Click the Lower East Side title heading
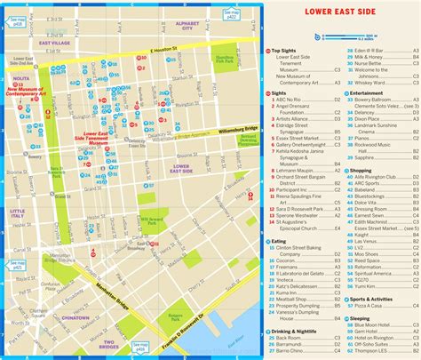click(339, 12)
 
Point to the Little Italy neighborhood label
click(17, 212)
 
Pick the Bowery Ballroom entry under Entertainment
click(370, 98)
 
